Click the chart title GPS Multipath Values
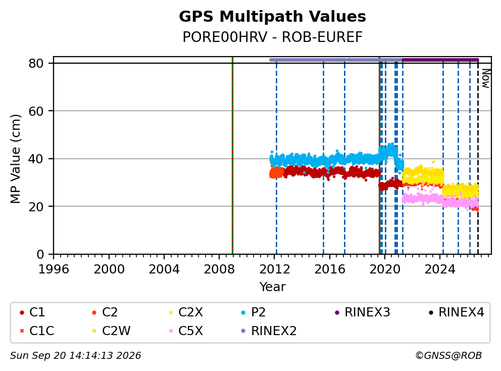(272, 17)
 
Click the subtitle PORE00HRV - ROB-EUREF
(272, 37)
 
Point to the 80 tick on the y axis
(36, 63)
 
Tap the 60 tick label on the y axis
(36, 111)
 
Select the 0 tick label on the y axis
(40, 254)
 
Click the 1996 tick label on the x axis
(54, 269)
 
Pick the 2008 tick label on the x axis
(219, 269)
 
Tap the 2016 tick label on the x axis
(330, 269)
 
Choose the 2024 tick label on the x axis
(440, 269)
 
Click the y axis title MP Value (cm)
(15, 159)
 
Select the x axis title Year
(272, 287)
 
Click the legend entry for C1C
(37, 331)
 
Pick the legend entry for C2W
(111, 331)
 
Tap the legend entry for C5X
(186, 331)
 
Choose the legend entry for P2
(254, 312)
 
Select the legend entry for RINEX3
(362, 312)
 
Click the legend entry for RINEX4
(456, 312)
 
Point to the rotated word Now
(486, 79)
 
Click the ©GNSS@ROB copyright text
(448, 355)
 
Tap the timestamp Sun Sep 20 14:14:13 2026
(75, 355)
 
